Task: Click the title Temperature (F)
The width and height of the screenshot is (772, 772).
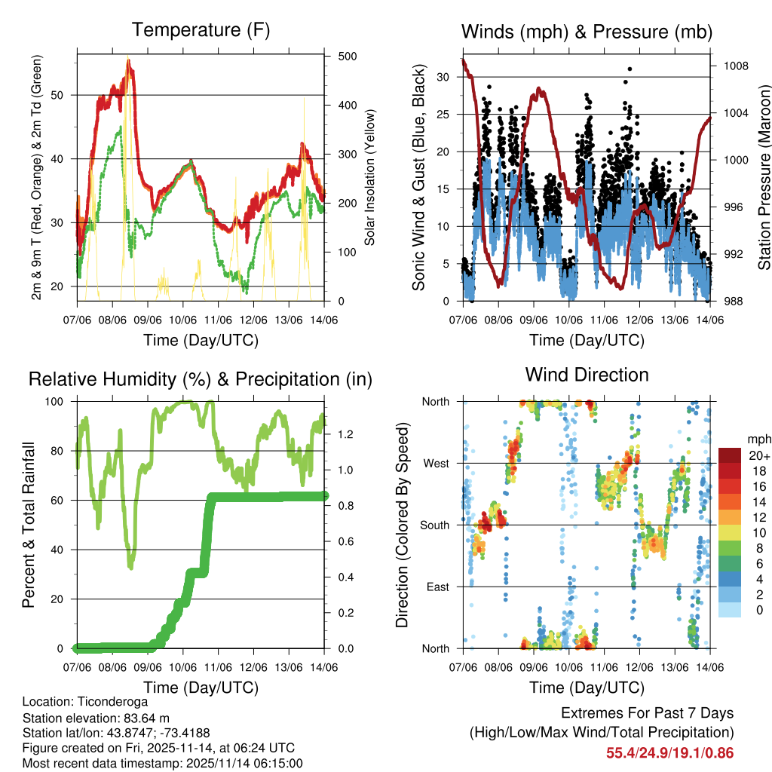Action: [x=201, y=31]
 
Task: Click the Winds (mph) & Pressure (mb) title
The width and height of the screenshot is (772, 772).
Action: [x=587, y=32]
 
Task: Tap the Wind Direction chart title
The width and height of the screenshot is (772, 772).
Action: [x=587, y=375]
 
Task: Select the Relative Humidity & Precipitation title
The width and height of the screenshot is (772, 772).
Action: [x=201, y=379]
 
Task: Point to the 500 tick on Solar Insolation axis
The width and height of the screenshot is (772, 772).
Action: [x=348, y=57]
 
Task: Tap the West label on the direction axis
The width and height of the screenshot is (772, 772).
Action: [x=435, y=463]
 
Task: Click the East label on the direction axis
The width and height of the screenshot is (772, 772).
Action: [x=437, y=587]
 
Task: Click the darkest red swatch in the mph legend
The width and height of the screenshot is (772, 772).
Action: [x=729, y=455]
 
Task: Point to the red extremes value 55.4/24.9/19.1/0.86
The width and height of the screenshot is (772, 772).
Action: [x=669, y=752]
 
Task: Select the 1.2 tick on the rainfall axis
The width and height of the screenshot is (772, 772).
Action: [x=347, y=435]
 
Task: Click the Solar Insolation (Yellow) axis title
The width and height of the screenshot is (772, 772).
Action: [x=370, y=177]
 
